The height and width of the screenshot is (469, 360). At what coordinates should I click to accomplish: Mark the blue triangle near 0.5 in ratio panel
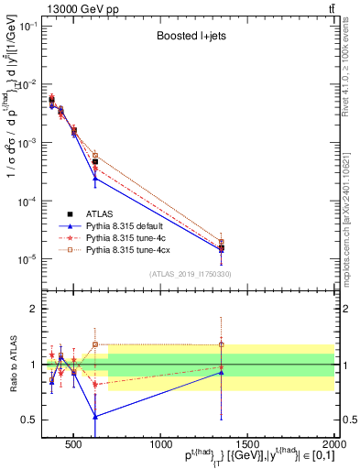[95, 416]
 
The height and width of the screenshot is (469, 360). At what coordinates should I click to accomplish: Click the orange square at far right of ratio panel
[221, 344]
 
